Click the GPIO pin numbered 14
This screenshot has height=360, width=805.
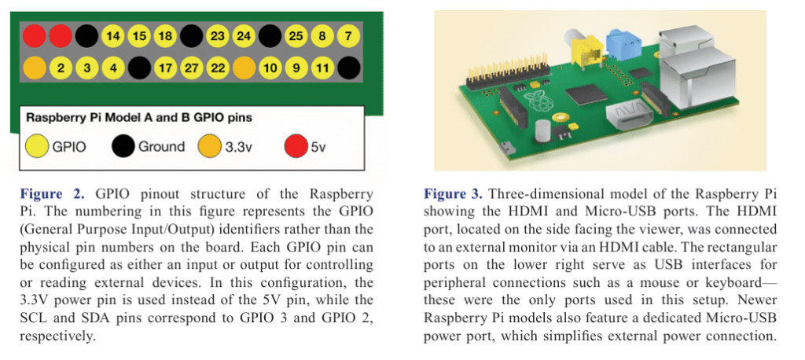click(112, 37)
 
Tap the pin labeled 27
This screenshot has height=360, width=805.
click(192, 68)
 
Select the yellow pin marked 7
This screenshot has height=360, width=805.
click(348, 37)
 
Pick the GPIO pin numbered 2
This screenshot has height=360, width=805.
click(61, 68)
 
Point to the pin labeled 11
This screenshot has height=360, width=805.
click(322, 68)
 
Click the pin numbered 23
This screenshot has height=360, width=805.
click(218, 37)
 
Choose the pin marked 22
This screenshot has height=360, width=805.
click(218, 68)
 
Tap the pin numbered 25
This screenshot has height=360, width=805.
click(296, 37)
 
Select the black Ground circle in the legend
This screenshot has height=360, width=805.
click(123, 147)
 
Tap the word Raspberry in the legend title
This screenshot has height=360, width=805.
click(54, 119)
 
